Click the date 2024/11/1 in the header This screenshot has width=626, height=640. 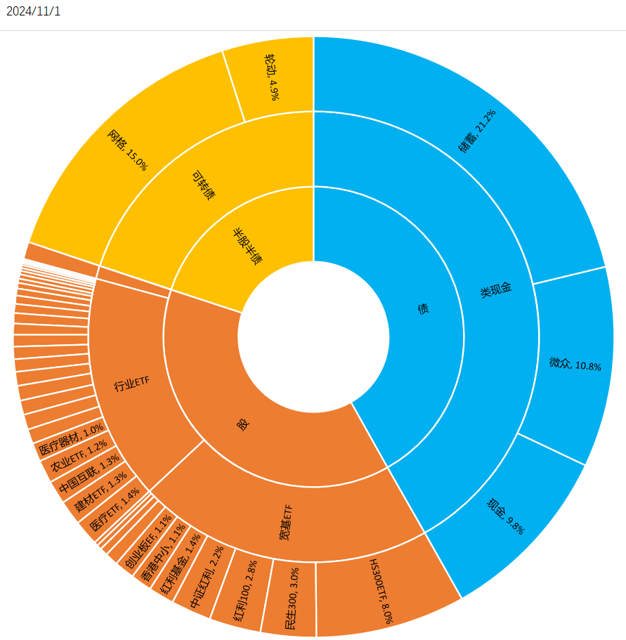pos(33,12)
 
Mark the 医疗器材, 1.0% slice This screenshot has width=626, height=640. pos(70,440)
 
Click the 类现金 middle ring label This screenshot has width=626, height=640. pos(495,289)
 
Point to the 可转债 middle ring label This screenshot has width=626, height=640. pos(203,184)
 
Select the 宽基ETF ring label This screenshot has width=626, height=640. pos(285,523)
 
